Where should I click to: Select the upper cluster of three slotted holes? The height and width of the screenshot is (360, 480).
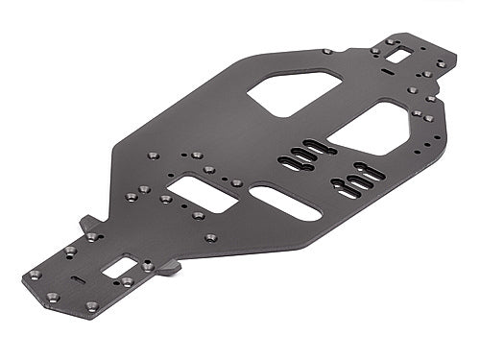[302, 154]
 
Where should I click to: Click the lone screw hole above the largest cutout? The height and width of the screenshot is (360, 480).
[327, 51]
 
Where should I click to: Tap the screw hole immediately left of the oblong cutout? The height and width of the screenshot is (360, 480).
[236, 182]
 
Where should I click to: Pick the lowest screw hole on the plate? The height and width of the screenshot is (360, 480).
[92, 307]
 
